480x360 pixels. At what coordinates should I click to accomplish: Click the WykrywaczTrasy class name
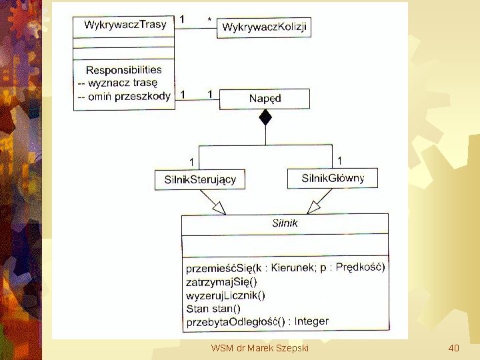(125, 25)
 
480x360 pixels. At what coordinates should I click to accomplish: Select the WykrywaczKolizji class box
(264, 27)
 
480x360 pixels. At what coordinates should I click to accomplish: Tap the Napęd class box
(265, 99)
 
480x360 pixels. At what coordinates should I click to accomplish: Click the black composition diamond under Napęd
(265, 118)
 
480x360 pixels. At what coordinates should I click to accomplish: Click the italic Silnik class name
(285, 223)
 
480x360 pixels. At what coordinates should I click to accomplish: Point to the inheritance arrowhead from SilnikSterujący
(218, 207)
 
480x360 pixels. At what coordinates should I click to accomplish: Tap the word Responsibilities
(124, 69)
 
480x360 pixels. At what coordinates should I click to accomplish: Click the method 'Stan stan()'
(213, 309)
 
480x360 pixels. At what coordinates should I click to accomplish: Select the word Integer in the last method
(311, 321)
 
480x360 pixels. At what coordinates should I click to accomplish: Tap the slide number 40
(454, 348)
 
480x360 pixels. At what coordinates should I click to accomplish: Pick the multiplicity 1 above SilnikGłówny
(340, 160)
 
